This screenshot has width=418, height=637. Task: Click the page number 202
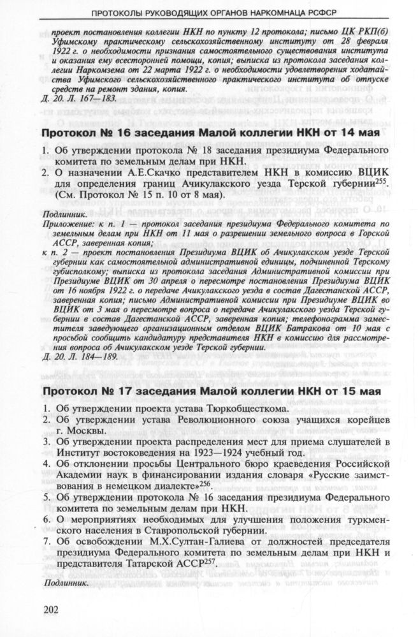[52, 609]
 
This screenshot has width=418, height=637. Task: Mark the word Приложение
[66, 225]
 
